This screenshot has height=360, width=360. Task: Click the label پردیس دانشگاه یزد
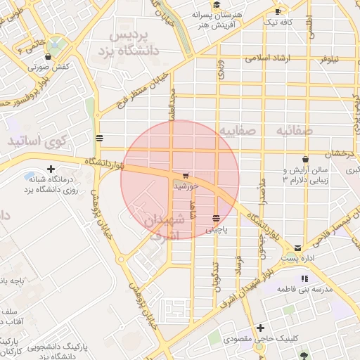[x=138, y=43]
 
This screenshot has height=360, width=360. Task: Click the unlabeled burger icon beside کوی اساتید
[x=99, y=138]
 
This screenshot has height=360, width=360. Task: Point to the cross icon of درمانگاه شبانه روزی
[x=51, y=169]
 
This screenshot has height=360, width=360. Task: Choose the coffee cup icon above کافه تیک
[x=278, y=11]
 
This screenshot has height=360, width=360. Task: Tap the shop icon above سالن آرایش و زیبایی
[x=304, y=159]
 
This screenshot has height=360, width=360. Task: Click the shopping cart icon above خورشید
[x=185, y=175]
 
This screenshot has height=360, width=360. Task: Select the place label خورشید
[x=186, y=186]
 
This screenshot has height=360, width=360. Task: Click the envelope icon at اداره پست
[x=298, y=247]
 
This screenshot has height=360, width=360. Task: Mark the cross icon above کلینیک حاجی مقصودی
[x=260, y=328]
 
